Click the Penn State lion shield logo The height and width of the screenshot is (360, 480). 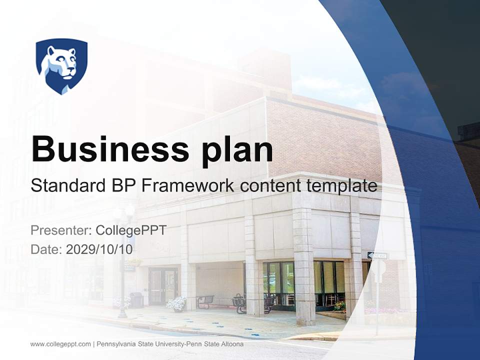61,65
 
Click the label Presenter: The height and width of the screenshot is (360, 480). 60,230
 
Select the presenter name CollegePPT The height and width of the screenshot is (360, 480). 131,230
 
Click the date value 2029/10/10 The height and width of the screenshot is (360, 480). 99,249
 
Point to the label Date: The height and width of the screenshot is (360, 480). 46,249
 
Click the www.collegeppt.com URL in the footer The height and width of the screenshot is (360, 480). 60,344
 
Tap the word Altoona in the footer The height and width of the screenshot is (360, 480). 231,344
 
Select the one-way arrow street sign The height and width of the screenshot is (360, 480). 377,256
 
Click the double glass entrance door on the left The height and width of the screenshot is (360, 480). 163,286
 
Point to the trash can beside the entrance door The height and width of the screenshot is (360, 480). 136,299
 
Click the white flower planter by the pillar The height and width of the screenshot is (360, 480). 176,303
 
